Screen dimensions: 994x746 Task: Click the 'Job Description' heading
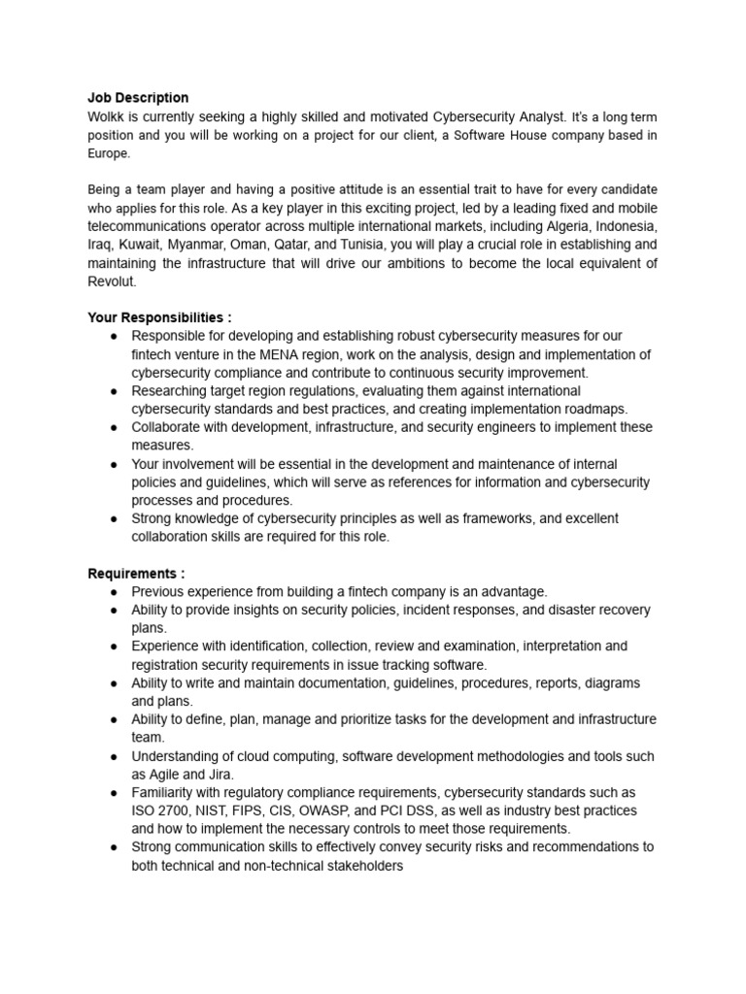click(x=138, y=98)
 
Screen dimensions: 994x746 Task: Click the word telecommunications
click(x=155, y=226)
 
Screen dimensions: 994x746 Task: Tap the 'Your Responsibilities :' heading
click(x=160, y=317)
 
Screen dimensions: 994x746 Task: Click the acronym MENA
click(x=278, y=354)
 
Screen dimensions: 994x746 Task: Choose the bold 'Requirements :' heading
click(x=136, y=574)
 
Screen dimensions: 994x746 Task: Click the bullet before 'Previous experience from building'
click(x=114, y=592)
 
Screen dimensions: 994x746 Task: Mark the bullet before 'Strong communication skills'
click(x=114, y=847)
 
